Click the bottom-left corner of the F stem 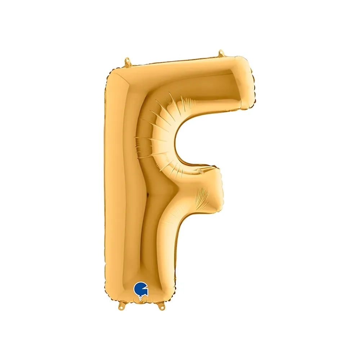(x=108, y=299)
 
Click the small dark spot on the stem (x=147, y=194)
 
